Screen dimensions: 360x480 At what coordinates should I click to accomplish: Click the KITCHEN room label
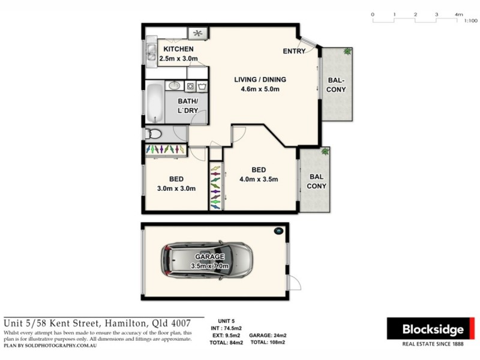179,49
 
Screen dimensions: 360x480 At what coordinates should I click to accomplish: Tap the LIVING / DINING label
260,79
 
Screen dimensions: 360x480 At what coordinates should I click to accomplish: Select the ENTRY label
295,51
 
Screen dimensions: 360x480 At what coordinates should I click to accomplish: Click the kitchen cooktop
197,33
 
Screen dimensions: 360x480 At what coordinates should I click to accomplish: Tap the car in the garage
206,260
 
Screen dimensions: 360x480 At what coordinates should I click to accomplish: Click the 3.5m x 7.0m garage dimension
209,265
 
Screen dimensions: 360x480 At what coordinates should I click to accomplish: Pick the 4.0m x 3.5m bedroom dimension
259,179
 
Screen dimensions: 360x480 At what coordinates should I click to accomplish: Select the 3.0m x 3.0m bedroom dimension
176,188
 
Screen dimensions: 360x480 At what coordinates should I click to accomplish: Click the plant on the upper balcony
347,52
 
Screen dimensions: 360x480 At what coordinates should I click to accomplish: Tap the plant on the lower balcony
325,151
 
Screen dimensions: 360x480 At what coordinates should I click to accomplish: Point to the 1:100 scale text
470,20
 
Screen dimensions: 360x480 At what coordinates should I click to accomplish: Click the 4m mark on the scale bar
459,13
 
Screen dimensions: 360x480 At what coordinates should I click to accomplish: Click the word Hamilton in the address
128,323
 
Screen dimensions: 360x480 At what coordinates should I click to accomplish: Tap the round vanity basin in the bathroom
174,86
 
